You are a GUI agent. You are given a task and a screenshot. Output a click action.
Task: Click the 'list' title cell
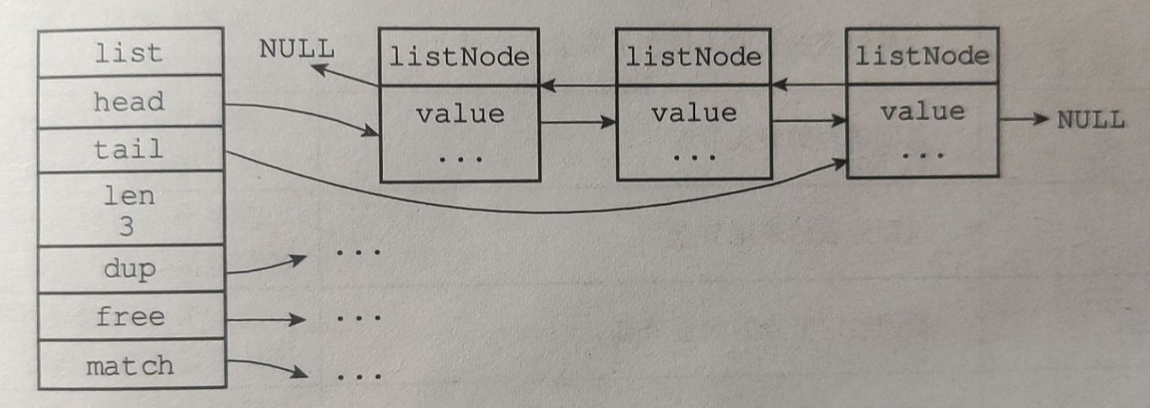tap(130, 53)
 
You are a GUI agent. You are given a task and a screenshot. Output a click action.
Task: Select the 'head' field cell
tap(130, 102)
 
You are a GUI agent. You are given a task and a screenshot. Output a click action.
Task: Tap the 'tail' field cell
tap(130, 149)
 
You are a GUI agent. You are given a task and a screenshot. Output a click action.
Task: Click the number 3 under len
tap(126, 226)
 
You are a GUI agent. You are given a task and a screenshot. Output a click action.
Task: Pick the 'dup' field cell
tap(130, 269)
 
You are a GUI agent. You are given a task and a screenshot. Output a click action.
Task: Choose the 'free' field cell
tap(130, 316)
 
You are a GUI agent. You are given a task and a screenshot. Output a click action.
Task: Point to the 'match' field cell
tap(130, 366)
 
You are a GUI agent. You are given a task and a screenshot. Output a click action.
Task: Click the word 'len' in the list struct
tap(129, 196)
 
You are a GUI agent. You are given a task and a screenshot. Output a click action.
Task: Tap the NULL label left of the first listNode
tap(296, 49)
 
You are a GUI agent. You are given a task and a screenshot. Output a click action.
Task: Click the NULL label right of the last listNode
tap(1090, 120)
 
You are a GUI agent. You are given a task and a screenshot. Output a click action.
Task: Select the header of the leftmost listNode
tap(459, 57)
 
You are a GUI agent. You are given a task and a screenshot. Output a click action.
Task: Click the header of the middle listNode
tap(693, 57)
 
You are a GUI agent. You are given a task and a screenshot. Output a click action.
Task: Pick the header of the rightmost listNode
tap(922, 56)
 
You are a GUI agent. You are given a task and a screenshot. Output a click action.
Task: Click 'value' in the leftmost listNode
tap(460, 114)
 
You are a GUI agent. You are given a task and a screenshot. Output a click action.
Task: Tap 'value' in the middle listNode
tap(694, 112)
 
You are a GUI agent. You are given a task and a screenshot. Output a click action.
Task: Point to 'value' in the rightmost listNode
tap(922, 111)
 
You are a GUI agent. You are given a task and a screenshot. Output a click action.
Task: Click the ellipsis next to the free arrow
tap(359, 318)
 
